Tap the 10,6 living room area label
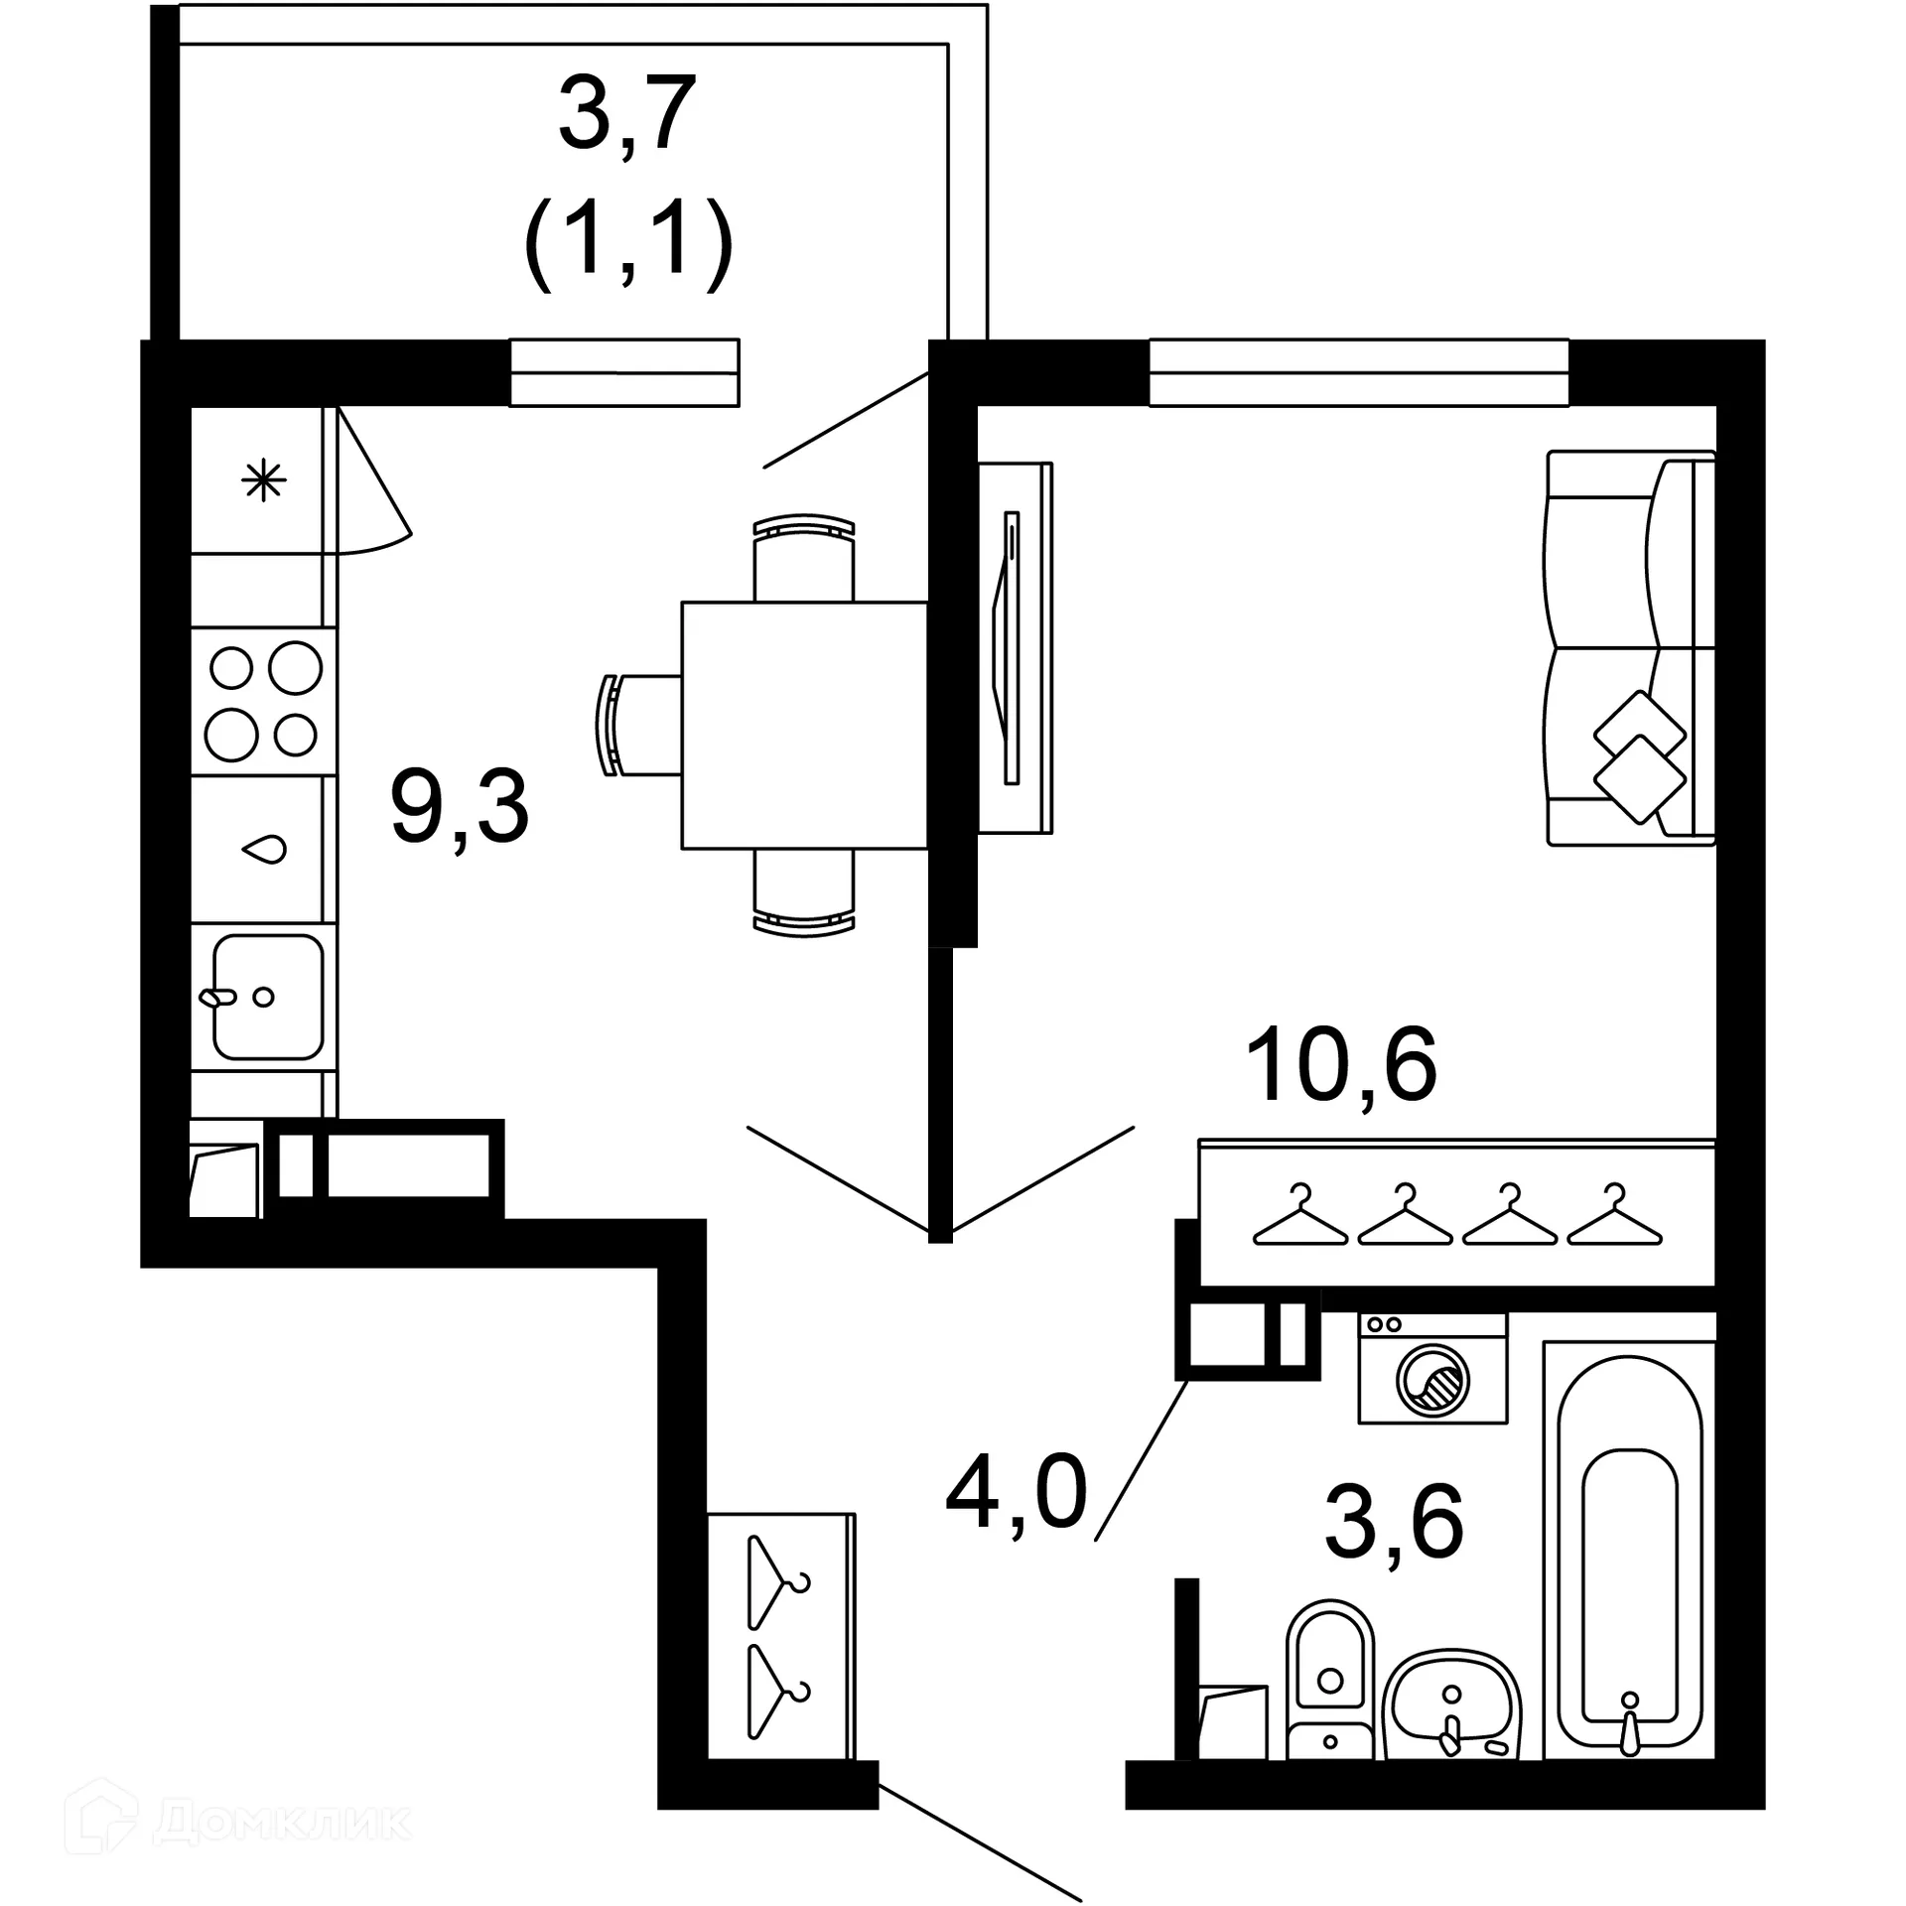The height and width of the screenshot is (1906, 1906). [x=1339, y=1066]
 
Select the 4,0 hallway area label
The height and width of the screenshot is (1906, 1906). [x=1016, y=1492]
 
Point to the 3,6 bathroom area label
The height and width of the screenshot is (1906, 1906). [x=1393, y=1522]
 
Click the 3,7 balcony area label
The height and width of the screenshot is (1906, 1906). [x=627, y=114]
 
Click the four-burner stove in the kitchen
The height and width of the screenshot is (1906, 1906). [x=263, y=701]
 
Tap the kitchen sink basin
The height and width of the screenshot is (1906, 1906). [x=266, y=997]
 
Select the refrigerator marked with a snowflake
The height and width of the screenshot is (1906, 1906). [x=263, y=481]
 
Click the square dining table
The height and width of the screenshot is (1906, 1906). [x=804, y=725]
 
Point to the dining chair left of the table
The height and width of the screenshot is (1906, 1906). [x=635, y=725]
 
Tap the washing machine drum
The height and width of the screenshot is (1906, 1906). [x=1431, y=1381]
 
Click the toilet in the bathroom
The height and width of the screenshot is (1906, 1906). [x=1329, y=1679]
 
